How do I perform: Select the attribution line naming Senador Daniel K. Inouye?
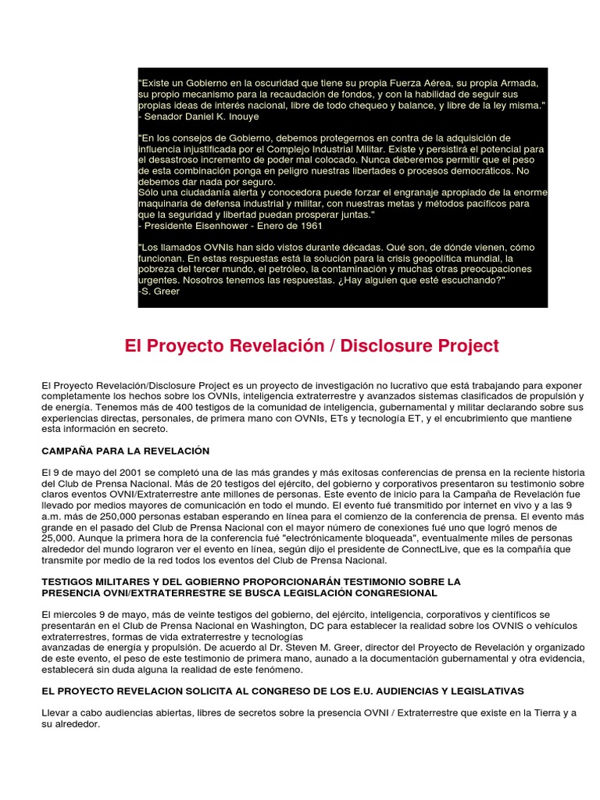pyautogui.click(x=198, y=116)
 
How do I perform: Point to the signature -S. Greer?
pyautogui.click(x=159, y=291)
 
